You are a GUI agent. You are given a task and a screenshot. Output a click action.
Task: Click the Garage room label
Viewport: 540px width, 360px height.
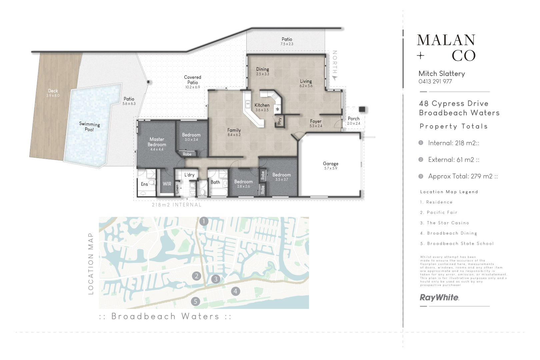330,164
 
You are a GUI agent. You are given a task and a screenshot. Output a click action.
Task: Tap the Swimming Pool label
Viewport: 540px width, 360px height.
89,126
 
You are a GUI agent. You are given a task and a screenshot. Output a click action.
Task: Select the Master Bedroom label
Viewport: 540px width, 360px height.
157,142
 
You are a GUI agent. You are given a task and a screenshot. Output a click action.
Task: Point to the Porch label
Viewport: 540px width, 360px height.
354,119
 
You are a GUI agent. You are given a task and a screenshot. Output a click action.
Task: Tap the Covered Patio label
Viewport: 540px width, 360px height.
192,80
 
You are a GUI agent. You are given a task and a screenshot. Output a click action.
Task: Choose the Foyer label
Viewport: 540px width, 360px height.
316,122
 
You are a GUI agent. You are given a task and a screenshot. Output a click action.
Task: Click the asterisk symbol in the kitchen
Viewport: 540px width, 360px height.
277,109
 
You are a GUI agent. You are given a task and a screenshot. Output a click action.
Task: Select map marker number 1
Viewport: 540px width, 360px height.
204,221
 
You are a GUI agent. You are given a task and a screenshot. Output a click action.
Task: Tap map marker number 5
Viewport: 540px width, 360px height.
196,301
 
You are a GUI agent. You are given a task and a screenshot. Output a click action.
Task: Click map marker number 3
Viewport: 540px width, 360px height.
216,279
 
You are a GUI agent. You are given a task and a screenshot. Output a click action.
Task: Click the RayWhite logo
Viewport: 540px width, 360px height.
439,297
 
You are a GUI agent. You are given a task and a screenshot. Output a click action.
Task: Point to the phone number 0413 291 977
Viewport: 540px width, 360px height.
435,82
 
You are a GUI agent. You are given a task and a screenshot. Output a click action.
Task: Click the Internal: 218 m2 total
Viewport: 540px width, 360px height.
453,143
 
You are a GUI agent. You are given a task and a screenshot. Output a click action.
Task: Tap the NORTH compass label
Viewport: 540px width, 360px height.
335,62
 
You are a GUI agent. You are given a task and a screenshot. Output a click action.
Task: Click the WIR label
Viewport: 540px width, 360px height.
167,184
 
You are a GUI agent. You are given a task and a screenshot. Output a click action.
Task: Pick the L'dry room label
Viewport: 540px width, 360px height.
189,175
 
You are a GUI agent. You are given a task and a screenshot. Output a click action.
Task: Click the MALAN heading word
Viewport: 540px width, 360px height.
446,40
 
